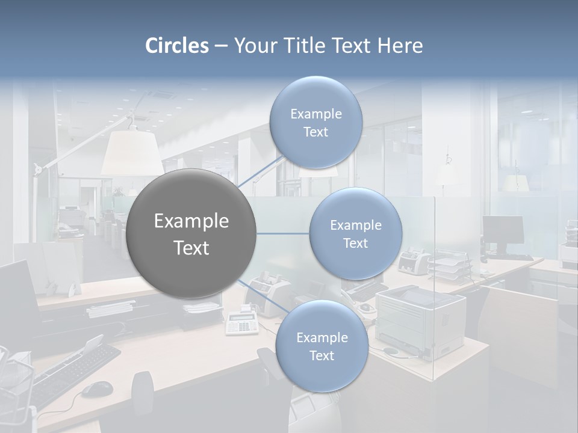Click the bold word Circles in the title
176,46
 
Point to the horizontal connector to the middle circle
283,234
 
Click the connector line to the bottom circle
259,295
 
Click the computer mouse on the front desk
96,389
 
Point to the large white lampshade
132,153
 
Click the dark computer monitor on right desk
503,230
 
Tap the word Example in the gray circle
191,221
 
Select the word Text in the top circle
315,132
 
